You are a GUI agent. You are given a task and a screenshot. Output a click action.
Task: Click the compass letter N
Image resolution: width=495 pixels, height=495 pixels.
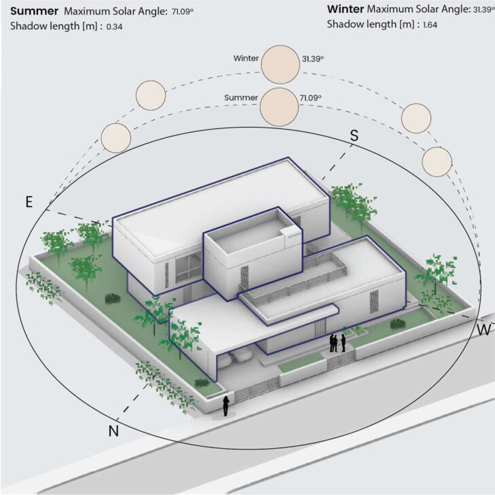coord(113,430)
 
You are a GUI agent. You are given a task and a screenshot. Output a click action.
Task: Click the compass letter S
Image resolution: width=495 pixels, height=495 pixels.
coord(354,135)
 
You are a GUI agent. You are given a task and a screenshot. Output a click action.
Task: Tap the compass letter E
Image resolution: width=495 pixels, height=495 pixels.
coord(29,202)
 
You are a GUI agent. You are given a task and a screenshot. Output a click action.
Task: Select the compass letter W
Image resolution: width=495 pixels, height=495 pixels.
coord(484,330)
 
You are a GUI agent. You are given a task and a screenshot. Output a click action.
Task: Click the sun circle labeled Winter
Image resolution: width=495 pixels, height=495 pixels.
coord(280,62)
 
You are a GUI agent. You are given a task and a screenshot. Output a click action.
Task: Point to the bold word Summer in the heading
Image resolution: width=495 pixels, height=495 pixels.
coord(34,11)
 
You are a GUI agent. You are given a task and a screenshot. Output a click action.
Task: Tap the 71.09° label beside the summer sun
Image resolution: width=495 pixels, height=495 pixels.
coord(310,98)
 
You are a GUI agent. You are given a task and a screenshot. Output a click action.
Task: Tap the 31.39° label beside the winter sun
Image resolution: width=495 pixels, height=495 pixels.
coord(312,59)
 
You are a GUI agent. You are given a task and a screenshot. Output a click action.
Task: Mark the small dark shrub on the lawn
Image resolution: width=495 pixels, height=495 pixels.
coord(110,297)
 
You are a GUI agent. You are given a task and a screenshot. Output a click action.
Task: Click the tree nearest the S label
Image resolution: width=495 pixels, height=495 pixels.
coord(352,200)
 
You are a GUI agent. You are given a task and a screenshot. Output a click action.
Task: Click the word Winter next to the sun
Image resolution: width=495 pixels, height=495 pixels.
coord(246,59)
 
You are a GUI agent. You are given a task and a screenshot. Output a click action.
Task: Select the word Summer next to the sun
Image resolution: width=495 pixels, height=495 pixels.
coord(241,98)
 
